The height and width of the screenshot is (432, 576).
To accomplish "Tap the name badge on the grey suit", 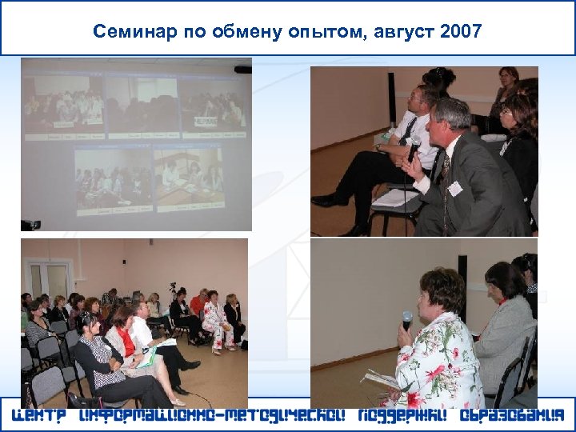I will [455, 188].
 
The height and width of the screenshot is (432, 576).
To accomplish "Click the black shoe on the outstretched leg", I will [323, 201].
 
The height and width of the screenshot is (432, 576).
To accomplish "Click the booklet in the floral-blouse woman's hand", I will [379, 380].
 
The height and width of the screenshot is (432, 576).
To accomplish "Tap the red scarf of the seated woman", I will [126, 339].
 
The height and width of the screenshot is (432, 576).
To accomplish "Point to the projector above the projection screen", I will [242, 70].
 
